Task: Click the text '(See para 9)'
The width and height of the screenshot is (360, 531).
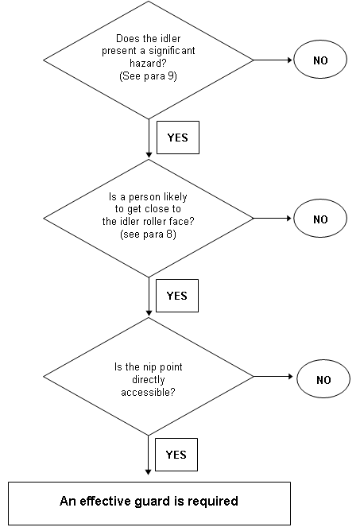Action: click(x=149, y=76)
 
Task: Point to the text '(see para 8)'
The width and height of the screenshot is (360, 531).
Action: click(x=149, y=234)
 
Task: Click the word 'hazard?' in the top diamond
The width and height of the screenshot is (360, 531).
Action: click(x=149, y=63)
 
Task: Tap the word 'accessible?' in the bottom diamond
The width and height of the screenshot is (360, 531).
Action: click(x=149, y=392)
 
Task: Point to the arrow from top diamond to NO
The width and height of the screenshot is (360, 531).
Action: click(x=273, y=60)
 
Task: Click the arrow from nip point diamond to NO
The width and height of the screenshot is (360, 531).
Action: click(x=273, y=376)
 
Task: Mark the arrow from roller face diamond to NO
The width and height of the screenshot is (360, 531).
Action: click(x=273, y=219)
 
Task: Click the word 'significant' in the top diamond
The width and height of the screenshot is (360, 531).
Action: click(x=172, y=51)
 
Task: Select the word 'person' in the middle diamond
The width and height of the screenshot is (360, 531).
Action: click(x=145, y=197)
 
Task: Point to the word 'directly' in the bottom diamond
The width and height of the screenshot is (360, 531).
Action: click(x=149, y=380)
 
